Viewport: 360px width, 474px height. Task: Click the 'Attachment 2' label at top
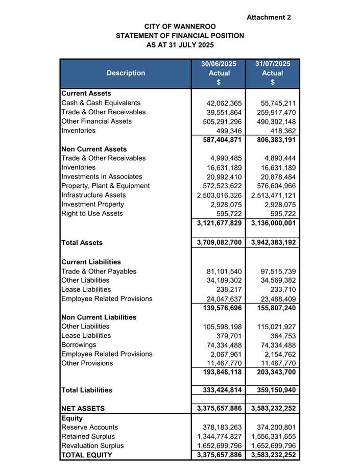(269, 17)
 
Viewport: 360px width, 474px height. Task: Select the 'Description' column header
(126, 73)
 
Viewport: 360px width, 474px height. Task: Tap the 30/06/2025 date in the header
(218, 64)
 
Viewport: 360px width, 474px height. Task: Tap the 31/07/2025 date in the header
(273, 64)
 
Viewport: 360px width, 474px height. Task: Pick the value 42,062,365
(221, 103)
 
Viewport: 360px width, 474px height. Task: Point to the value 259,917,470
(273, 112)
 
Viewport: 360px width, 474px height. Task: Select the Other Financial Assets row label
(97, 121)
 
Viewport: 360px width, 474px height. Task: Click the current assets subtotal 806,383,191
(273, 139)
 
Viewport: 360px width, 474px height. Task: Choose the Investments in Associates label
(102, 177)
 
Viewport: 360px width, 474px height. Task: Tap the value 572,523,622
(221, 186)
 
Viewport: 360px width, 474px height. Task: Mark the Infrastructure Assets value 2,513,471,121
(273, 195)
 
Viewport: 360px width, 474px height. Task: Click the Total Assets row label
(82, 243)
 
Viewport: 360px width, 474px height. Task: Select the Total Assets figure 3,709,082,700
(219, 243)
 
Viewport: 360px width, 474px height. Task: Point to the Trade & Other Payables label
(99, 271)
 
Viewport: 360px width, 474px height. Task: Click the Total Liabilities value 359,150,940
(273, 390)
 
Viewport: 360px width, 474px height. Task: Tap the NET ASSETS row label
(83, 408)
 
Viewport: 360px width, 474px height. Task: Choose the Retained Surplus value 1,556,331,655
(273, 436)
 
